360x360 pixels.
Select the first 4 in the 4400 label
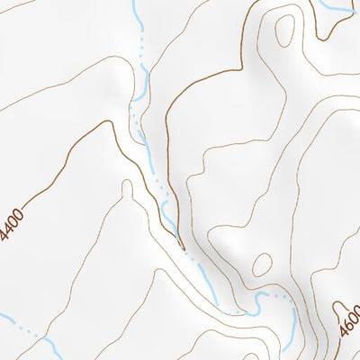(x=6, y=236)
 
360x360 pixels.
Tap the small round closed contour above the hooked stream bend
(x=262, y=264)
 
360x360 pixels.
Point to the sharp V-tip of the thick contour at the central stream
(x=181, y=245)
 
